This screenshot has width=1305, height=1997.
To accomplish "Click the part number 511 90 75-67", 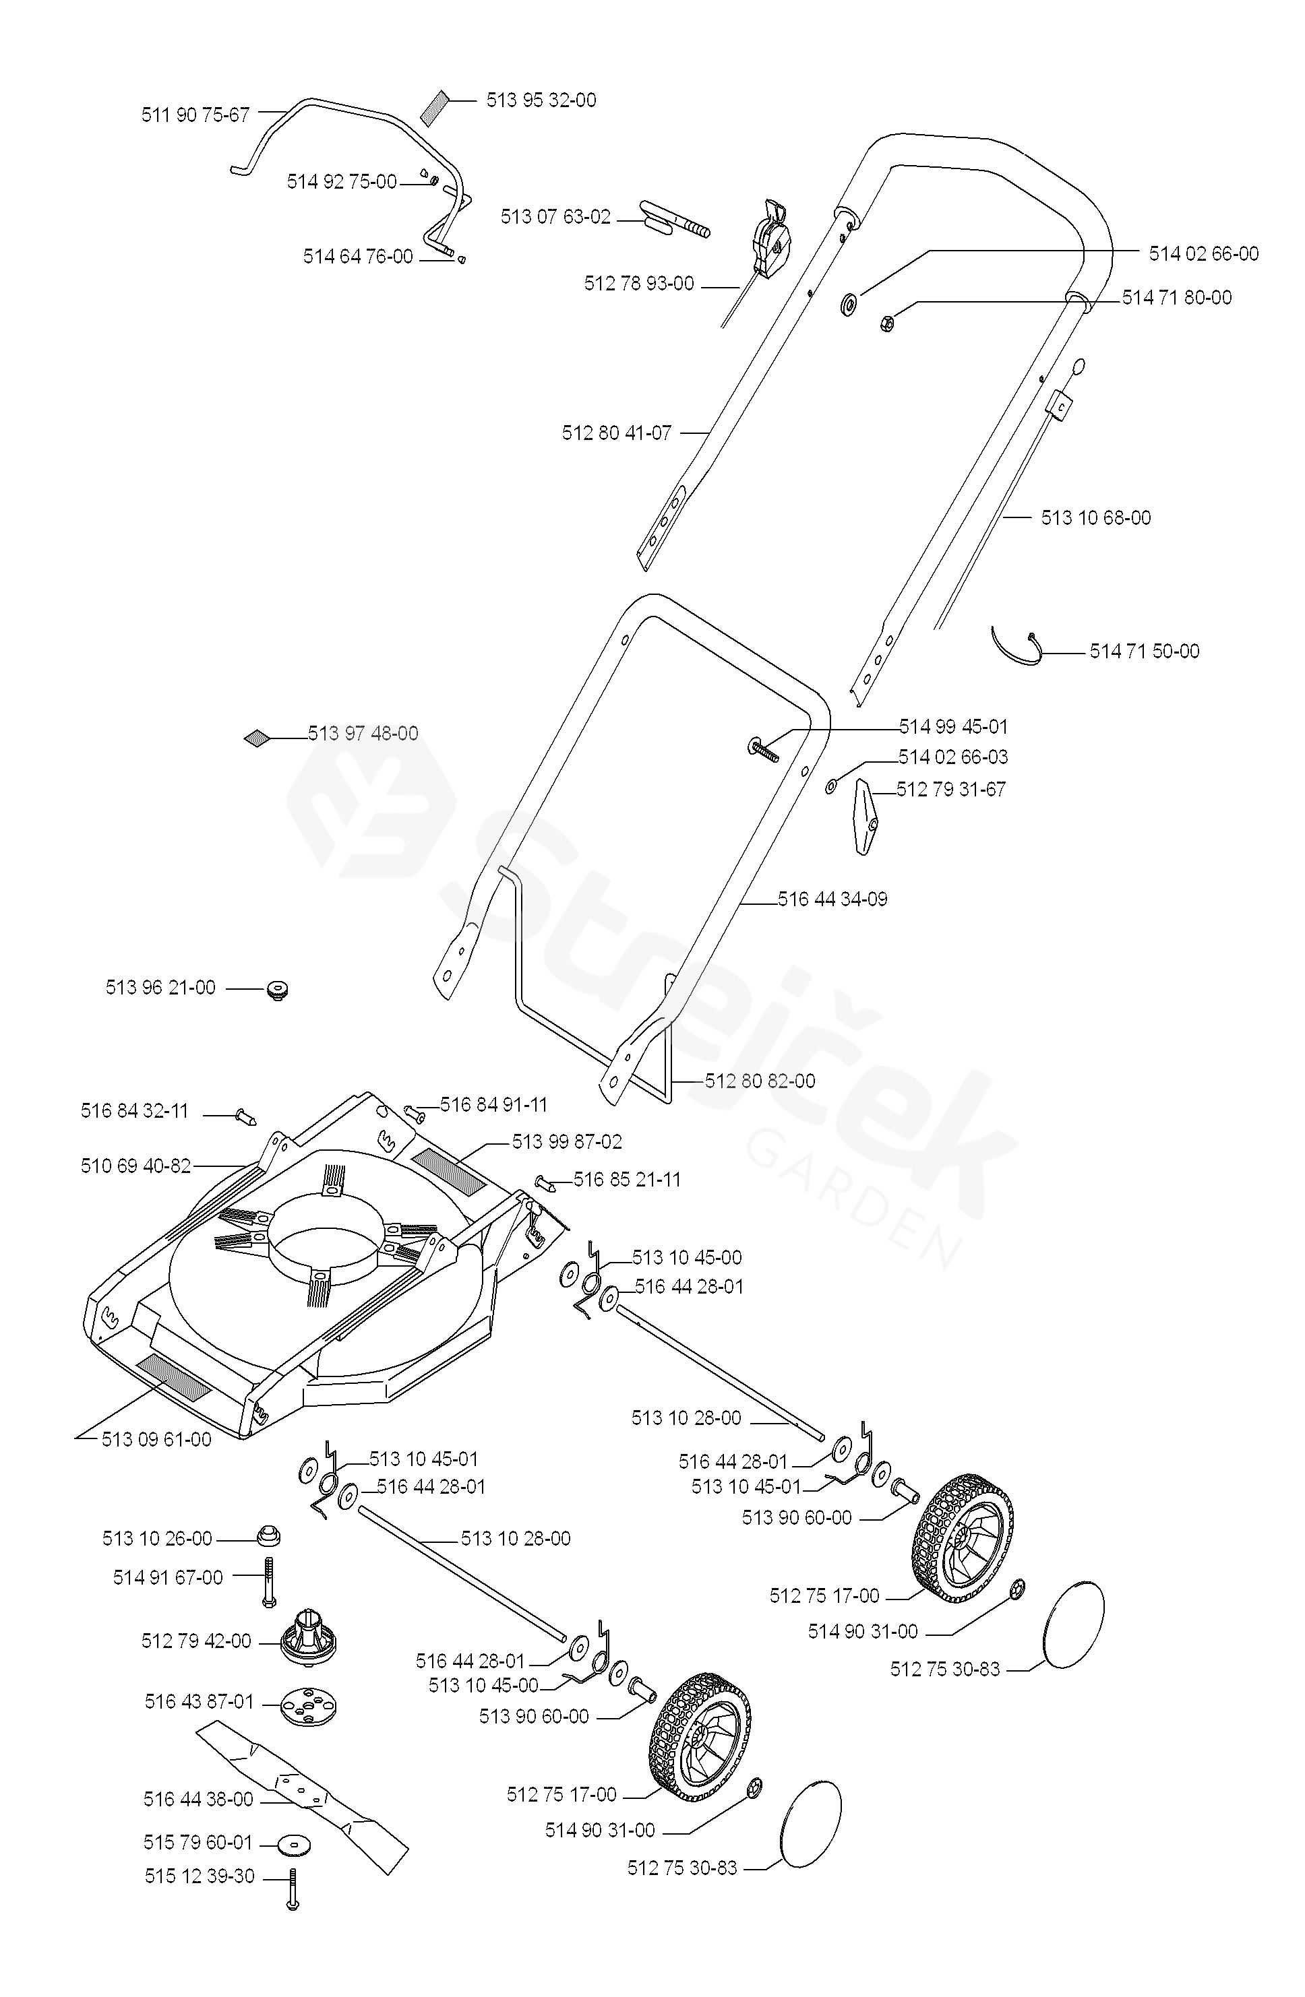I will pyautogui.click(x=195, y=115).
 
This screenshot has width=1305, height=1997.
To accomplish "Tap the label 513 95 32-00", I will pyautogui.click(x=541, y=100).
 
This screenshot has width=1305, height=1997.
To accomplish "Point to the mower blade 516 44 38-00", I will pyautogui.click(x=302, y=1795).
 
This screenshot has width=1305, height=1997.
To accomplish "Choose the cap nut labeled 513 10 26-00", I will pyautogui.click(x=268, y=1536).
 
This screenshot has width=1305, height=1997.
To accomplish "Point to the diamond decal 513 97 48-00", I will pyautogui.click(x=256, y=738).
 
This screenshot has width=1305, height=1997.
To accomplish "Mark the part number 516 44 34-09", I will pyautogui.click(x=832, y=899).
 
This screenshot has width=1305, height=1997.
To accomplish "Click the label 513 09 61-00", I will pyautogui.click(x=156, y=1439).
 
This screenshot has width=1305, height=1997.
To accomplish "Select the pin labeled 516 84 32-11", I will pyautogui.click(x=245, y=1116).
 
